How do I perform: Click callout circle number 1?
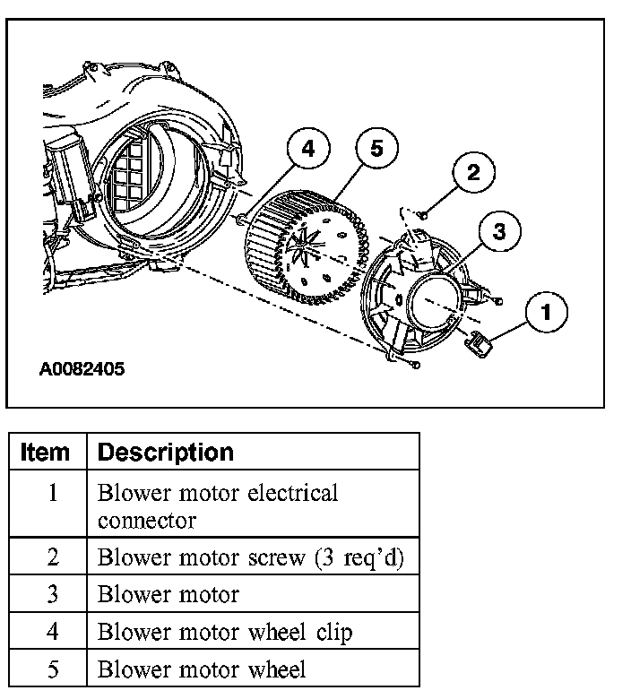click(x=549, y=314)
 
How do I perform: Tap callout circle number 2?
click(x=473, y=173)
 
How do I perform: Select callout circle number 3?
click(x=499, y=231)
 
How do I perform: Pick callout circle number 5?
click(x=376, y=149)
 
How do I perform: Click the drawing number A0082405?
click(x=82, y=368)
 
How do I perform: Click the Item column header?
click(x=46, y=452)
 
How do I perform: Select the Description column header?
click(x=165, y=452)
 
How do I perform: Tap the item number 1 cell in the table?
click(x=52, y=493)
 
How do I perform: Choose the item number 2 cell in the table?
click(x=52, y=557)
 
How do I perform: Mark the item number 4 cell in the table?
click(x=52, y=632)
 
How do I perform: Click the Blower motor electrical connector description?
click(x=218, y=505)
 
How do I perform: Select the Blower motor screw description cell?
click(x=251, y=557)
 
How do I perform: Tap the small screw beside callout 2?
click(x=424, y=212)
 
